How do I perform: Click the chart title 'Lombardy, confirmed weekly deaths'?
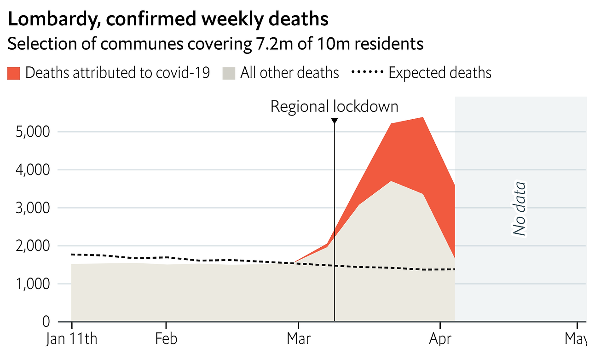click(168, 19)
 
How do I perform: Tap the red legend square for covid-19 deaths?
click(14, 73)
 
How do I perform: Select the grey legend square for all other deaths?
click(229, 73)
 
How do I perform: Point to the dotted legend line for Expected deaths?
click(367, 73)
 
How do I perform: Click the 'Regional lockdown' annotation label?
click(334, 106)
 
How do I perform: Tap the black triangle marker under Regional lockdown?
click(335, 121)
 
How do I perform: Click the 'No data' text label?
click(520, 209)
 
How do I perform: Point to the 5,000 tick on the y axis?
click(33, 132)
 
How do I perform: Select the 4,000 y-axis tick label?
click(33, 170)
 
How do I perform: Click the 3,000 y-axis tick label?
click(33, 208)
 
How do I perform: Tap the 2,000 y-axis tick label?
click(33, 246)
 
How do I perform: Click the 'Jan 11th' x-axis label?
click(72, 339)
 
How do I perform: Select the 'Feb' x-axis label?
click(166, 339)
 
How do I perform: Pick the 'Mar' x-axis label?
click(299, 339)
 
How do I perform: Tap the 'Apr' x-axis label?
click(440, 339)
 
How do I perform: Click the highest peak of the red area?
click(422, 118)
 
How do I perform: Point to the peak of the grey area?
click(391, 181)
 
